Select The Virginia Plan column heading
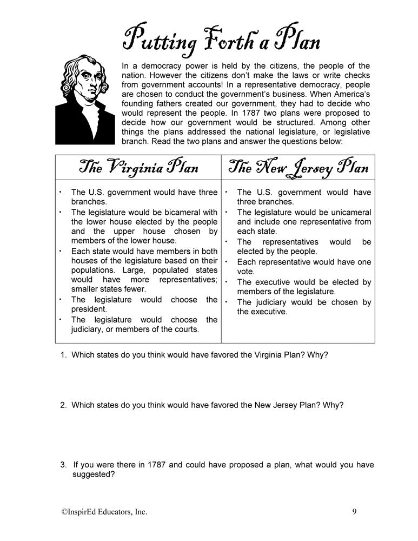pyautogui.click(x=138, y=167)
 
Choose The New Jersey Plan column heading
pyautogui.click(x=298, y=167)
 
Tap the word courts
pyautogui.click(x=185, y=329)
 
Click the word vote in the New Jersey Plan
pyautogui.click(x=246, y=272)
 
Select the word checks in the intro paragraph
pyautogui.click(x=356, y=76)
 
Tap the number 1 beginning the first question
pyautogui.click(x=63, y=355)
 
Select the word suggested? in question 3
pyautogui.click(x=93, y=474)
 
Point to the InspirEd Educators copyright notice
pyautogui.click(x=105, y=511)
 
